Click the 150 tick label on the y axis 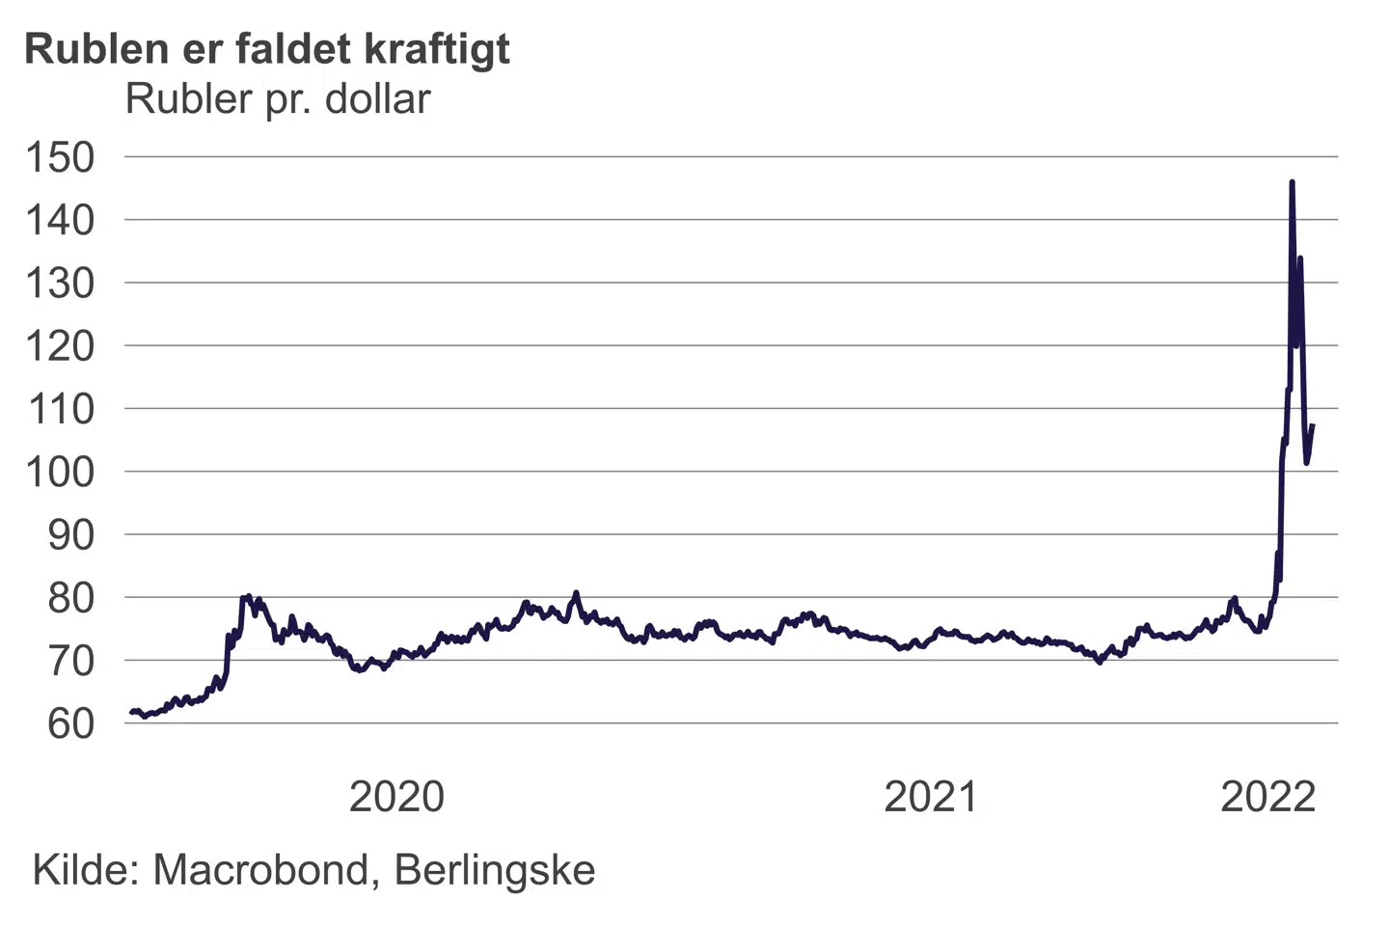coord(60,157)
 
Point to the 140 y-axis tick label coord(60,220)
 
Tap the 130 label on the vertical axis coord(60,283)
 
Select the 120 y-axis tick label coord(60,345)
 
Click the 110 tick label coord(60,409)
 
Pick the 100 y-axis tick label coord(60,472)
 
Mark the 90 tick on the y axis coord(71,534)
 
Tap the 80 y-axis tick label coord(71,598)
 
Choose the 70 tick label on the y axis coord(71,661)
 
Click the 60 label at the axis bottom coord(71,723)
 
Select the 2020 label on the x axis coord(396,797)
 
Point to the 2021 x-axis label coord(931,797)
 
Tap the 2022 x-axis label coord(1268,797)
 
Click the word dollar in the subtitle coord(378,99)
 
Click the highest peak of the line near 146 coord(1292,181)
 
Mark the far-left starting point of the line coord(131,712)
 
